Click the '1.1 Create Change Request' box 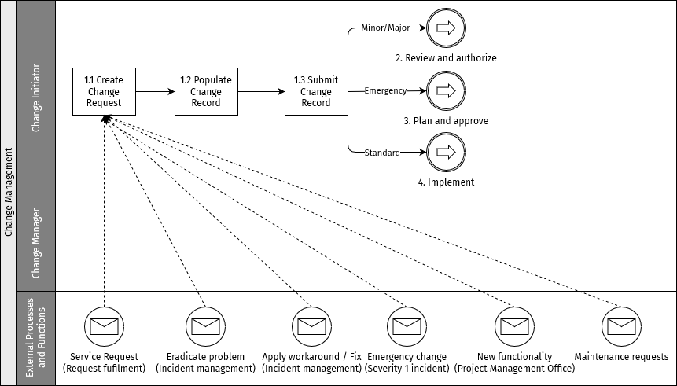coord(104,91)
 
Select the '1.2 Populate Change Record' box coord(206,91)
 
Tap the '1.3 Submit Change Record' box coord(316,91)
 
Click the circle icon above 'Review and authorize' coord(446,28)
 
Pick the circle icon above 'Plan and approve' coord(446,90)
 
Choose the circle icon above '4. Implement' coord(446,151)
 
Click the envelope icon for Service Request coord(104,325)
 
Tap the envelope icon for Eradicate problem coord(205,325)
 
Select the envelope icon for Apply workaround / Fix coord(311,325)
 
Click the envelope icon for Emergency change coord(407,325)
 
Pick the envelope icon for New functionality coord(514,325)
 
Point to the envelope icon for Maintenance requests coord(621,325)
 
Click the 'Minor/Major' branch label coord(385,28)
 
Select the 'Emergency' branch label coord(385,90)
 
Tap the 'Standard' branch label coord(382,152)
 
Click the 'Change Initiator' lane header coord(36,98)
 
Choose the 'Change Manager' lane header coord(36,244)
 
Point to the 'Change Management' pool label coord(9,193)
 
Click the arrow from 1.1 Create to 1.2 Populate coord(155,91)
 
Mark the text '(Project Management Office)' coord(514,369)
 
